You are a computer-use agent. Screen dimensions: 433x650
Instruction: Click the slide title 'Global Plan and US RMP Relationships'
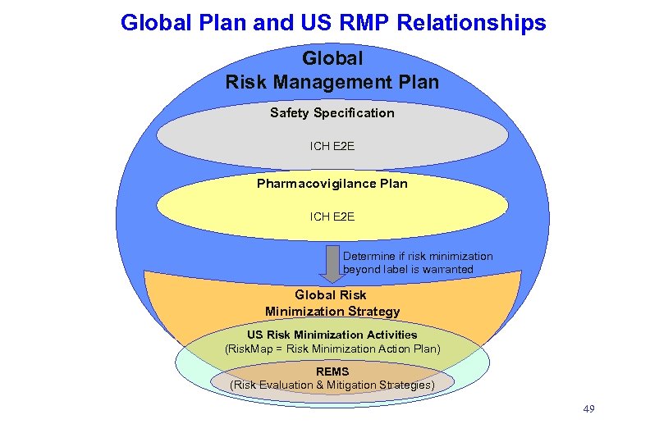pyautogui.click(x=332, y=22)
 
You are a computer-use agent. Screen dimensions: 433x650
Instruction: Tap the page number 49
pyautogui.click(x=588, y=408)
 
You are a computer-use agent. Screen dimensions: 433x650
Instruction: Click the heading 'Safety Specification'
pyautogui.click(x=332, y=113)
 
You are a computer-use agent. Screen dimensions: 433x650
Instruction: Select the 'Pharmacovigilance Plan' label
pyautogui.click(x=332, y=184)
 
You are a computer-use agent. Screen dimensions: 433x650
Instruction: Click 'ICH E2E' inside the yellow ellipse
pyautogui.click(x=332, y=216)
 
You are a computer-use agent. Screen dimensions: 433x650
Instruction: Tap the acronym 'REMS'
pyautogui.click(x=332, y=371)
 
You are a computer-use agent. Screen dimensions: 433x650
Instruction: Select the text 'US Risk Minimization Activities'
pyautogui.click(x=332, y=335)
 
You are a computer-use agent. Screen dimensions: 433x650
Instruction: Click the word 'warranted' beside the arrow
pyautogui.click(x=448, y=269)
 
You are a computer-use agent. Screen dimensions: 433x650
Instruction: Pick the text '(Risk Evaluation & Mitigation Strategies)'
pyautogui.click(x=332, y=385)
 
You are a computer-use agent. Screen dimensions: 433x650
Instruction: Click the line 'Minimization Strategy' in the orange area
pyautogui.click(x=332, y=312)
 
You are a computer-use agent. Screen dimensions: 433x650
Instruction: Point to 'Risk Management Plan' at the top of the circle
pyautogui.click(x=332, y=82)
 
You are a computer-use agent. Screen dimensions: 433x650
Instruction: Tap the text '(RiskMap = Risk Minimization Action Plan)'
pyautogui.click(x=332, y=349)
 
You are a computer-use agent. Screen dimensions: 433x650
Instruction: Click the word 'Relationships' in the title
pyautogui.click(x=471, y=22)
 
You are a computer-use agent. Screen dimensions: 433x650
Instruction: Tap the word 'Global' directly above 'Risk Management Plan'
pyautogui.click(x=332, y=59)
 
